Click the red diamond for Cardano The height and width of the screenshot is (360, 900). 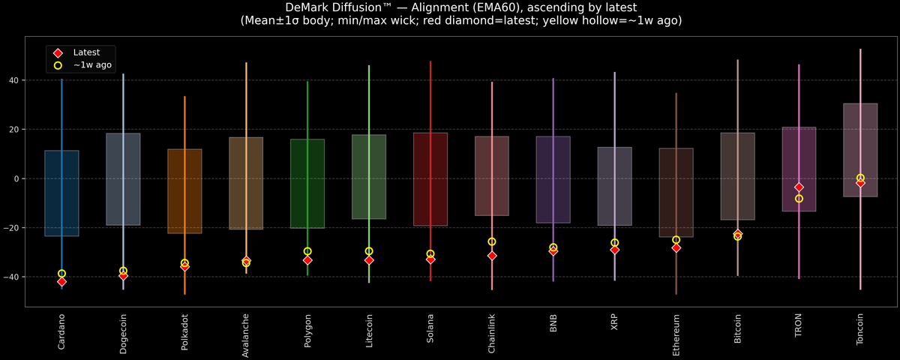point(61,282)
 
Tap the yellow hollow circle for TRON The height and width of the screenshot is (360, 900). point(799,199)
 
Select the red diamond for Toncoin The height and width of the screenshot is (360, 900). point(860,183)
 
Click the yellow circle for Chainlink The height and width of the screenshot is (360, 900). point(492,241)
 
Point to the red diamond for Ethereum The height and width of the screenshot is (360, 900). point(676,247)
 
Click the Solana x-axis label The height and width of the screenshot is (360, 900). point(430,328)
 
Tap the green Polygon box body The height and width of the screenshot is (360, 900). point(307,184)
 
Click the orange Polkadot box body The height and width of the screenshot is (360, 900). point(184,191)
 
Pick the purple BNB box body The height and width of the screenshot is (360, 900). point(553,180)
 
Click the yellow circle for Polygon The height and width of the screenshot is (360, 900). point(307,251)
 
